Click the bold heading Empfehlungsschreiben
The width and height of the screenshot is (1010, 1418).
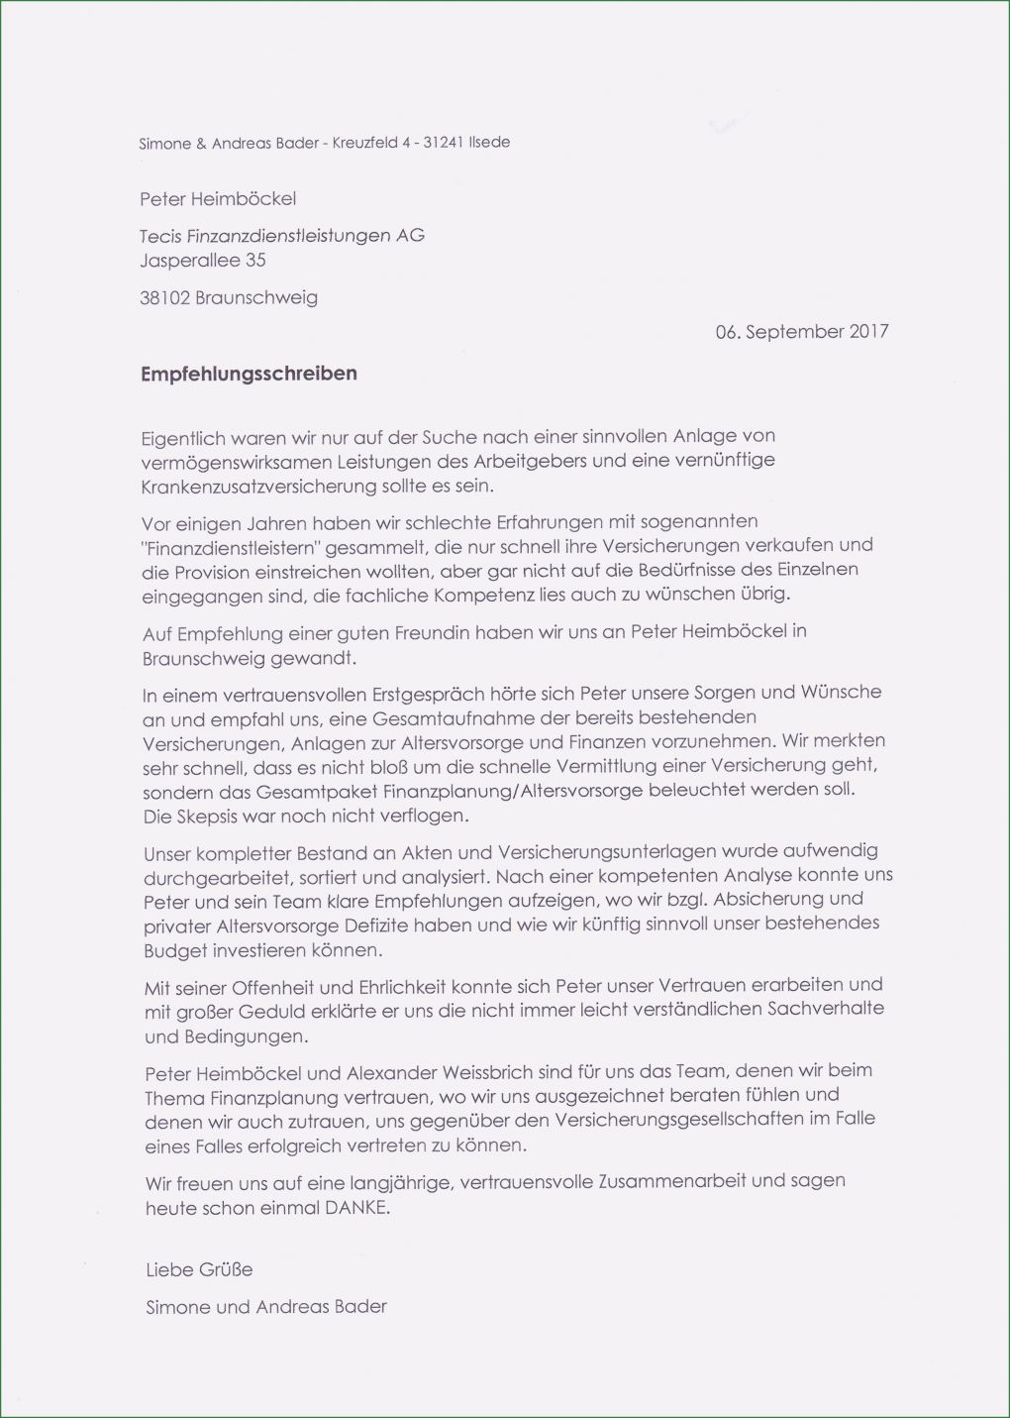[x=249, y=375]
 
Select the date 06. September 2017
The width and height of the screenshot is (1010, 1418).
[x=801, y=332]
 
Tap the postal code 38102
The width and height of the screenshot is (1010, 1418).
[x=164, y=297]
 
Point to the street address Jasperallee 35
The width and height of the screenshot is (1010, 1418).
[x=203, y=261]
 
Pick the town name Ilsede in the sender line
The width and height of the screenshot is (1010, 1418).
[x=489, y=143]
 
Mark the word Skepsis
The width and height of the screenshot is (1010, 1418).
[x=211, y=817]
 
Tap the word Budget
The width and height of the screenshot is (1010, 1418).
[x=175, y=950]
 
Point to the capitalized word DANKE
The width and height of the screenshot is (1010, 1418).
[x=356, y=1208]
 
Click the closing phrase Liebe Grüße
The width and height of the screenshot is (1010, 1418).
[x=199, y=1269]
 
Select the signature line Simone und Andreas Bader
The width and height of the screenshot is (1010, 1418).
[x=265, y=1307]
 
